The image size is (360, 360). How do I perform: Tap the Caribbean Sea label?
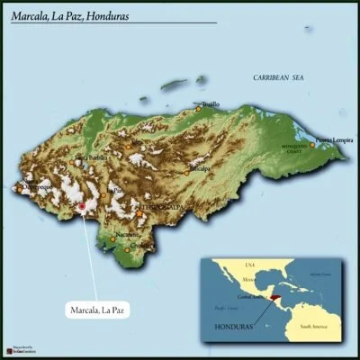[279, 79]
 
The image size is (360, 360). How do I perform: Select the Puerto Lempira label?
[334, 140]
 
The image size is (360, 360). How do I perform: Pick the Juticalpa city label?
[199, 168]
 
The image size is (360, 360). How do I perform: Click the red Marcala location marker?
[82, 207]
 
